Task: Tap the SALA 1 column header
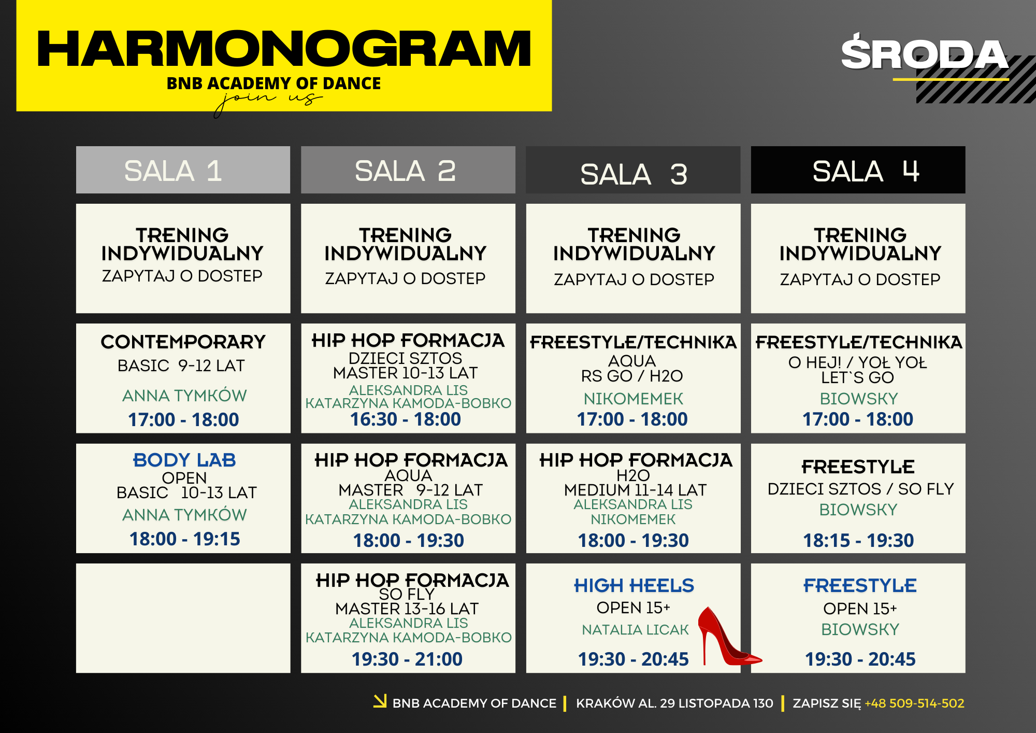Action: click(x=183, y=170)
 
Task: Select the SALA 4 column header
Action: click(x=858, y=170)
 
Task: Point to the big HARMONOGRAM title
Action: click(x=284, y=49)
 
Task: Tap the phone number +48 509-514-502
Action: click(x=914, y=703)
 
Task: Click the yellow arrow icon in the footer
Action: click(x=380, y=701)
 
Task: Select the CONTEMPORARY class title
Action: click(x=183, y=342)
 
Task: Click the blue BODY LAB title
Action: click(x=184, y=460)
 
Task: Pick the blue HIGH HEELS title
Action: click(x=634, y=585)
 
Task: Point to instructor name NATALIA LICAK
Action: click(x=635, y=629)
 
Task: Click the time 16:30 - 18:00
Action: click(x=406, y=419)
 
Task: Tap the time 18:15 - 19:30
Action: click(x=858, y=540)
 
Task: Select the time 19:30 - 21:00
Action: click(x=407, y=659)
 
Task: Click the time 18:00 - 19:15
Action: click(x=185, y=539)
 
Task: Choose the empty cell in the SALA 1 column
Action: click(x=183, y=618)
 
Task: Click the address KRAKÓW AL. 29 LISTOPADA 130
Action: click(x=674, y=703)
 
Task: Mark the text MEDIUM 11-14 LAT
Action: click(x=635, y=490)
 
